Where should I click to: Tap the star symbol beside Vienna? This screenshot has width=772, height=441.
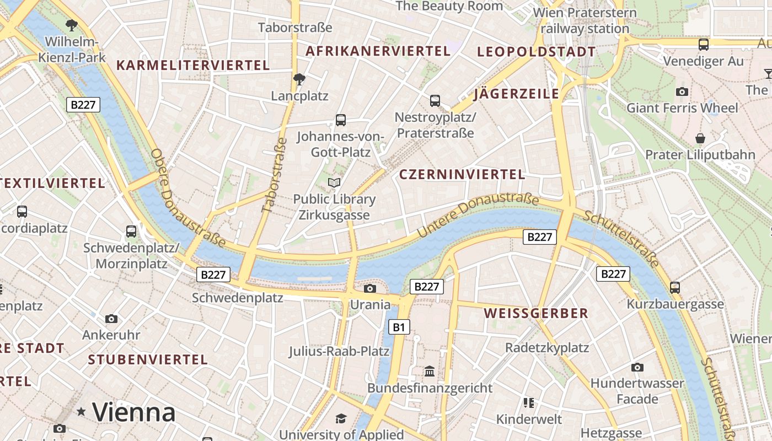click(82, 411)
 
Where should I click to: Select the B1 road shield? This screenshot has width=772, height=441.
click(399, 327)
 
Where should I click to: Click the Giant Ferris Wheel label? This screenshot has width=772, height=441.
click(682, 107)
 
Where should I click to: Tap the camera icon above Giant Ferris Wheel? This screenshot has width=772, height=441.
click(682, 92)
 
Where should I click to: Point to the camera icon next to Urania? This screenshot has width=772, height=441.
click(370, 288)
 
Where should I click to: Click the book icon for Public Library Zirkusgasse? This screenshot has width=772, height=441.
click(334, 182)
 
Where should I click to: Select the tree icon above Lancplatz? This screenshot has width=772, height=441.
click(299, 79)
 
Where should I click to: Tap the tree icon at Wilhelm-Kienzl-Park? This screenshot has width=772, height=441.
click(71, 25)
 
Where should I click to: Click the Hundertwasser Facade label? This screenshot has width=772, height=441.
click(637, 390)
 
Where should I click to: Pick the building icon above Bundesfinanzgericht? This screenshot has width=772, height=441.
click(430, 372)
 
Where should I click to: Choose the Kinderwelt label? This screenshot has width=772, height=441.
click(529, 419)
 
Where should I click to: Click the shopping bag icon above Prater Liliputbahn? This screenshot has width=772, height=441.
click(700, 138)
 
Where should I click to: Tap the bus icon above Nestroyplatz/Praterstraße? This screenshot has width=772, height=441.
click(435, 100)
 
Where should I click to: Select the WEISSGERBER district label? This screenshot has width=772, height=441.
click(536, 314)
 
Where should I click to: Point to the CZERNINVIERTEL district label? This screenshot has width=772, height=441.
click(462, 174)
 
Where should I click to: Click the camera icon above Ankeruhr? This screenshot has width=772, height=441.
click(111, 319)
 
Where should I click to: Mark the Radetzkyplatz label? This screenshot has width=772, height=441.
click(547, 348)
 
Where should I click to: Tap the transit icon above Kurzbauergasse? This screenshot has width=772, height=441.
click(675, 287)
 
